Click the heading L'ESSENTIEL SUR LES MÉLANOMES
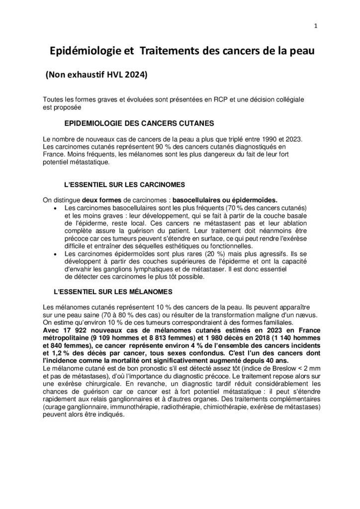pos(117,291)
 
